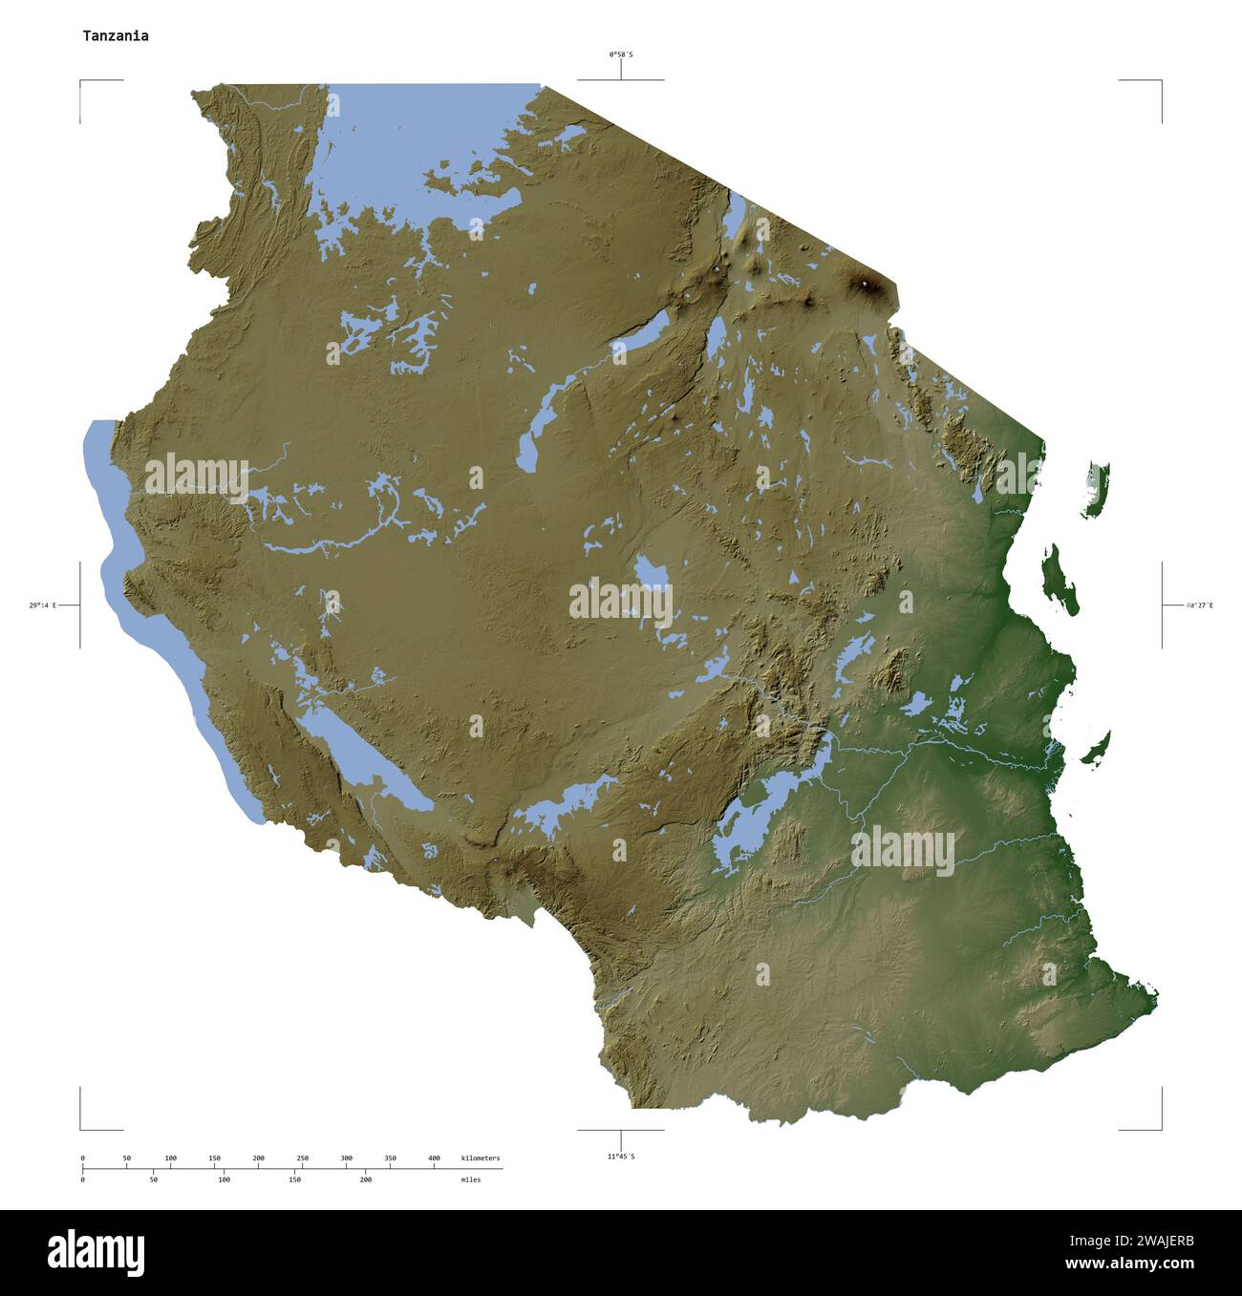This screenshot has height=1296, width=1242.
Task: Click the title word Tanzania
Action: (x=115, y=36)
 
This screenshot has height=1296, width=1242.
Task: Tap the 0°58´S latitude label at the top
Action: (x=621, y=54)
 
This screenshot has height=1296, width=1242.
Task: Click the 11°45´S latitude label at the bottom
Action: (x=621, y=1157)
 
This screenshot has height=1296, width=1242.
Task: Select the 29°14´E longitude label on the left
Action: (x=42, y=606)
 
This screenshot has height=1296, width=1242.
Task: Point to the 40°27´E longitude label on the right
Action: (x=1199, y=606)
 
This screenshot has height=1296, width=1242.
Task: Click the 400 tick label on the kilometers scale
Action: (x=434, y=1158)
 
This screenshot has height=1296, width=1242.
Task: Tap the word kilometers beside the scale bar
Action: (x=480, y=1158)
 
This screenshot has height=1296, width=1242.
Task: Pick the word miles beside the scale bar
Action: (x=470, y=1179)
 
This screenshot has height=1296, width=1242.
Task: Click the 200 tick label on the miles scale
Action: (x=365, y=1179)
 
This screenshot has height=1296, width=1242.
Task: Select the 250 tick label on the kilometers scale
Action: (x=302, y=1158)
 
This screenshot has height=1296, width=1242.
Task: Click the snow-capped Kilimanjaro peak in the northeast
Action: (x=866, y=284)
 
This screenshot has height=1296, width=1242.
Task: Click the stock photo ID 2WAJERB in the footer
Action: (x=1163, y=1242)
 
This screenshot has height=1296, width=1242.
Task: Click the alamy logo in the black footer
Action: (x=96, y=1252)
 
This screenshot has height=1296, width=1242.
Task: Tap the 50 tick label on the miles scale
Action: (x=153, y=1179)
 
